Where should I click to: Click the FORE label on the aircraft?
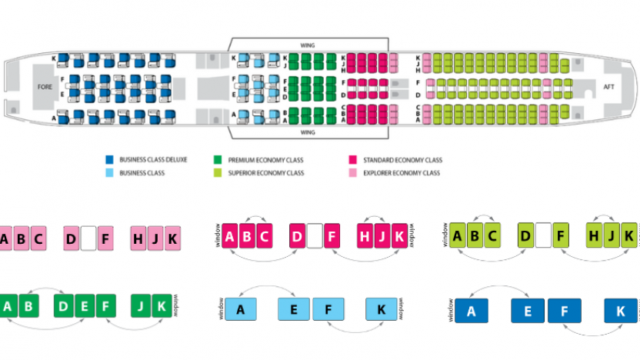tap(44, 87)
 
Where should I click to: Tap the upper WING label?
tap(308, 45)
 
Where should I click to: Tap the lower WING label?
tap(308, 132)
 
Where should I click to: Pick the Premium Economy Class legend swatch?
tap(218, 160)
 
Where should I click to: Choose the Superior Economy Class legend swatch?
tap(218, 173)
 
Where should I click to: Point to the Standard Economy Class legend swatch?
tap(353, 160)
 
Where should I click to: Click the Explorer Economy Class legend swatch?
tap(353, 173)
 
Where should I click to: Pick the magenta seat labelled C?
tap(264, 236)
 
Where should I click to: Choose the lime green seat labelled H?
tap(595, 236)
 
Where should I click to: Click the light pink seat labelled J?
tap(155, 239)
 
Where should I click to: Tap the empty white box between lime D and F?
tap(544, 236)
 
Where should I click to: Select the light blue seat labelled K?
tap(382, 311)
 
